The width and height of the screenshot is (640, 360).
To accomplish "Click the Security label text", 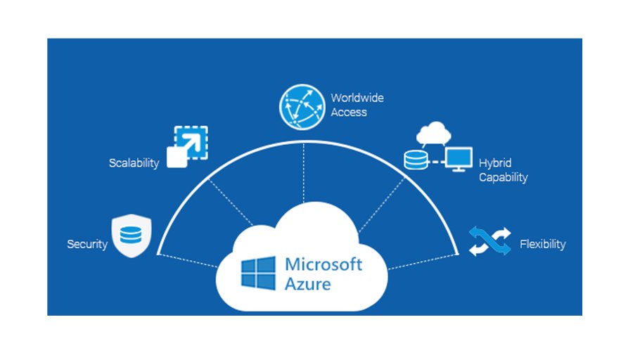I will [x=87, y=245].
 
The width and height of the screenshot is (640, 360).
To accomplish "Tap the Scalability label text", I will [x=134, y=163].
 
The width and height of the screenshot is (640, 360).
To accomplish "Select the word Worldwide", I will [x=357, y=98].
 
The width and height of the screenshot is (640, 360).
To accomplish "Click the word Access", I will [x=349, y=112].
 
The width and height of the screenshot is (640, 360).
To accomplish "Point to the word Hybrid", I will [x=495, y=162].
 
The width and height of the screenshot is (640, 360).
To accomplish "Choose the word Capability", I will [x=503, y=177].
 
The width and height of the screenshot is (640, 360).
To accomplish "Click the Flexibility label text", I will [x=542, y=245].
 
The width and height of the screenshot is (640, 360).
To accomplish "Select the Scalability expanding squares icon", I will [x=186, y=146].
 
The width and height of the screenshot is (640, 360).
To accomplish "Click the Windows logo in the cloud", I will [x=258, y=273].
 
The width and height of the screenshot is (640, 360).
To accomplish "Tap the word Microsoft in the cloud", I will [x=324, y=265].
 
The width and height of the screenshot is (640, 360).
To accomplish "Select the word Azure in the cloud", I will [x=308, y=285].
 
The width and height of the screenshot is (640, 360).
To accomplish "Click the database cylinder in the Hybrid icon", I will [x=415, y=160].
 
